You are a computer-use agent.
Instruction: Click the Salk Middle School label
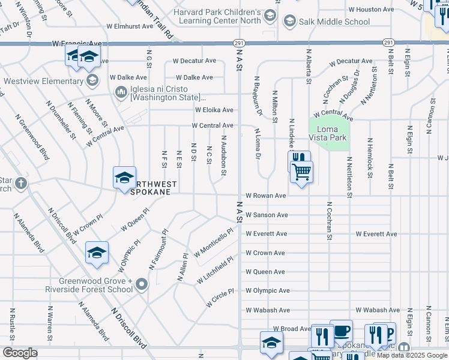(335, 22)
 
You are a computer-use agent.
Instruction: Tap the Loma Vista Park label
(328, 133)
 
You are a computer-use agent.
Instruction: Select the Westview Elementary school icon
(92, 80)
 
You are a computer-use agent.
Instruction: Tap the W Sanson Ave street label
(267, 215)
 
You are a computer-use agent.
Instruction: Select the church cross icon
(21, 182)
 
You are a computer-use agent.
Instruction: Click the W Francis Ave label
(77, 44)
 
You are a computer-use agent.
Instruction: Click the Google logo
(20, 353)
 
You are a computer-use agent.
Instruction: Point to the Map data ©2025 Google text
(412, 355)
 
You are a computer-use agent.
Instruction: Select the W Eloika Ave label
(214, 110)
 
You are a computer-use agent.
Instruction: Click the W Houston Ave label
(371, 10)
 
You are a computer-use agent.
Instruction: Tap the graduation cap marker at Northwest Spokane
(124, 178)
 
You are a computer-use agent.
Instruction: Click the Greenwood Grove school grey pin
(142, 284)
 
